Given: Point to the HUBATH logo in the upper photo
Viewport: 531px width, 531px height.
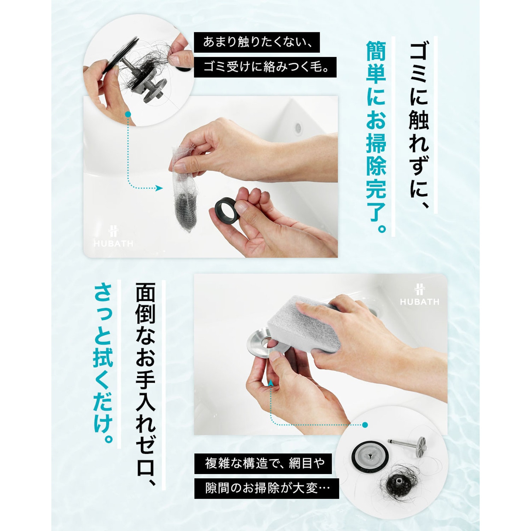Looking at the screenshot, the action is coord(114,236).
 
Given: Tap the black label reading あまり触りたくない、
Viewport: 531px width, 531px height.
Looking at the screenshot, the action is coord(257,42).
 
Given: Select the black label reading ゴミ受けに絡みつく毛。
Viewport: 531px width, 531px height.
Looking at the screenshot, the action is coord(265,67).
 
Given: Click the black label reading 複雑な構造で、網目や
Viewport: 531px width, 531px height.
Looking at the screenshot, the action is coord(263,463).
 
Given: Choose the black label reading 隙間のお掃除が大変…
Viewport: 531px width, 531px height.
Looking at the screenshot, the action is coord(267,489).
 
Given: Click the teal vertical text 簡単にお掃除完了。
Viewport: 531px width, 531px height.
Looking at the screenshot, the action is coord(376,137).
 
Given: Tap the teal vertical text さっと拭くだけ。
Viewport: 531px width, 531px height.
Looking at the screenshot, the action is coord(103,363).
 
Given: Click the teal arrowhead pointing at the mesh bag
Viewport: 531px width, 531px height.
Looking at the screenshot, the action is coord(159,188).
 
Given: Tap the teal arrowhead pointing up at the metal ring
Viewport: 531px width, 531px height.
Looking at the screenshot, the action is coord(270,383).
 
